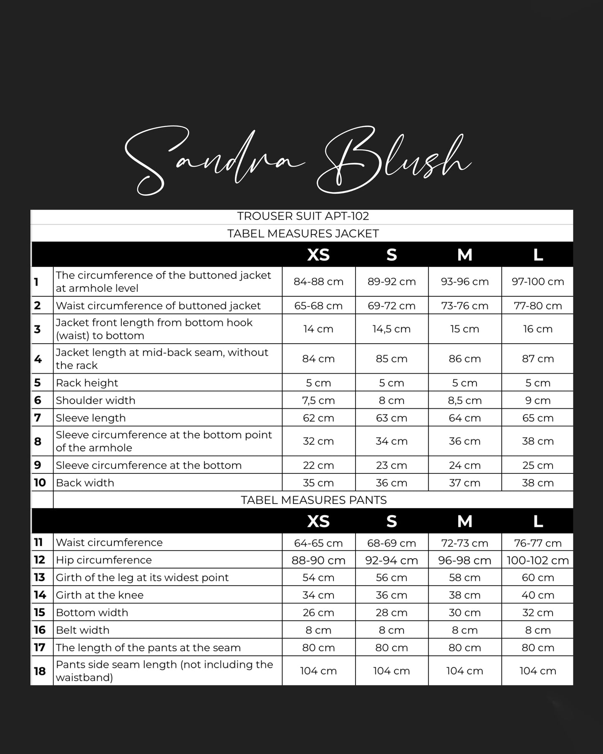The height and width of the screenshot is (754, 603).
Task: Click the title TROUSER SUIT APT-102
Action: click(303, 216)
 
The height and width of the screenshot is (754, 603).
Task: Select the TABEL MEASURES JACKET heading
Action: click(303, 233)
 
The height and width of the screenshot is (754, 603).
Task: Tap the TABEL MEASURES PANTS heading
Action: click(314, 500)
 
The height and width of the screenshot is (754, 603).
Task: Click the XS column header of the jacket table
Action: click(318, 255)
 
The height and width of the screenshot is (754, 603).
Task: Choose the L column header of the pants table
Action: click(538, 521)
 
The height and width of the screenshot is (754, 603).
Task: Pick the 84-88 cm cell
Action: click(318, 282)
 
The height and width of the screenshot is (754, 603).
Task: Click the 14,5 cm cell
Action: click(391, 329)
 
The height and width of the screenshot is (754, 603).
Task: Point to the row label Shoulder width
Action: click(96, 400)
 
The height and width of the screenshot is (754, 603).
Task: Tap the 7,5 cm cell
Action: click(318, 400)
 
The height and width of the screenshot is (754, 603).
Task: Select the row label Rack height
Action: click(87, 383)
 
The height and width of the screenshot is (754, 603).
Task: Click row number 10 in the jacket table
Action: click(40, 483)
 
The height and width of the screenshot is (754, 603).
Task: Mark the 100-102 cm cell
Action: click(537, 560)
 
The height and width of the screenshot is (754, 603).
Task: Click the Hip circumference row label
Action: click(104, 560)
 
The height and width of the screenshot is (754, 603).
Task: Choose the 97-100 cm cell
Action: click(537, 282)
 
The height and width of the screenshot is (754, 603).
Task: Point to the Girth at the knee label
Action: click(100, 595)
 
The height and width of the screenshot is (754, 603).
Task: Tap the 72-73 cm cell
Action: click(464, 543)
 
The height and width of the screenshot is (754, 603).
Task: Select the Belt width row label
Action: click(83, 630)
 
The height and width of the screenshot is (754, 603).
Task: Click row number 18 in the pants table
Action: click(40, 671)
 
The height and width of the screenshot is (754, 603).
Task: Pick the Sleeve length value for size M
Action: click(464, 418)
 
